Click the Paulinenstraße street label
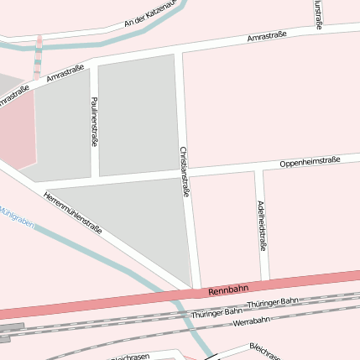click(x=94, y=121)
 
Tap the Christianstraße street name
click(x=185, y=172)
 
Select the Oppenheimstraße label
click(x=309, y=160)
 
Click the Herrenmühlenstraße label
click(x=72, y=212)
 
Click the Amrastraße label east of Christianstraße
click(x=267, y=38)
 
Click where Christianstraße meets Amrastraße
click(x=180, y=52)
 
